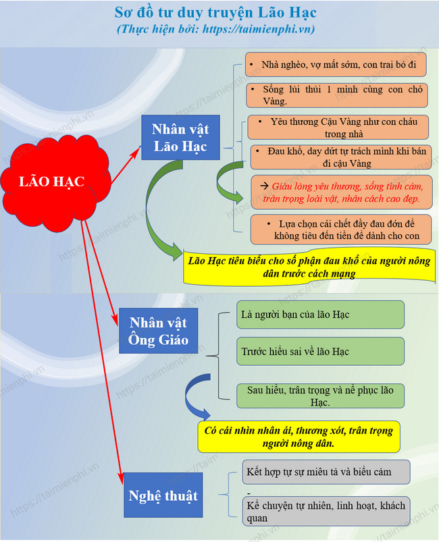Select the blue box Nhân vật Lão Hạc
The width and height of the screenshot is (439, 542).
180,137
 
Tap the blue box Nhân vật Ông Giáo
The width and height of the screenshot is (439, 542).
158,331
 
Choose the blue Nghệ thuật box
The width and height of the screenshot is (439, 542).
163,495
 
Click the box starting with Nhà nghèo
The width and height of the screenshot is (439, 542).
336,65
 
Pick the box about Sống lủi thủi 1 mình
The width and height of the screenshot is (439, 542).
337,95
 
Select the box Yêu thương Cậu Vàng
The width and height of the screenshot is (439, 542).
338,127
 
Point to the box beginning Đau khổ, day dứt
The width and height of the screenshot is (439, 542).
341,157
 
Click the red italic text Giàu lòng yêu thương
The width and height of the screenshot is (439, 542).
342,192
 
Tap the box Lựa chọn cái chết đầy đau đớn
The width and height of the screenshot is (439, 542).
341,229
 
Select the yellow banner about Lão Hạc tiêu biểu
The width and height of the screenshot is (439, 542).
309,267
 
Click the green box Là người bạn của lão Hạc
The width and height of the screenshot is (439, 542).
320,315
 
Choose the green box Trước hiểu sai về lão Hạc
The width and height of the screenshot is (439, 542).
320,351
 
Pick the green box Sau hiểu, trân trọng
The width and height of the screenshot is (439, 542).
320,396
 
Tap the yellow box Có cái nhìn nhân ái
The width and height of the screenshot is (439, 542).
299,437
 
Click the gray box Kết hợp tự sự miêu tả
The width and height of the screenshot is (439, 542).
326,472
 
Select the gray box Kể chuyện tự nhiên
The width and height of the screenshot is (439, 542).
326,512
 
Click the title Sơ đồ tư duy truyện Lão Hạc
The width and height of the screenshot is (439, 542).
215,12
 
